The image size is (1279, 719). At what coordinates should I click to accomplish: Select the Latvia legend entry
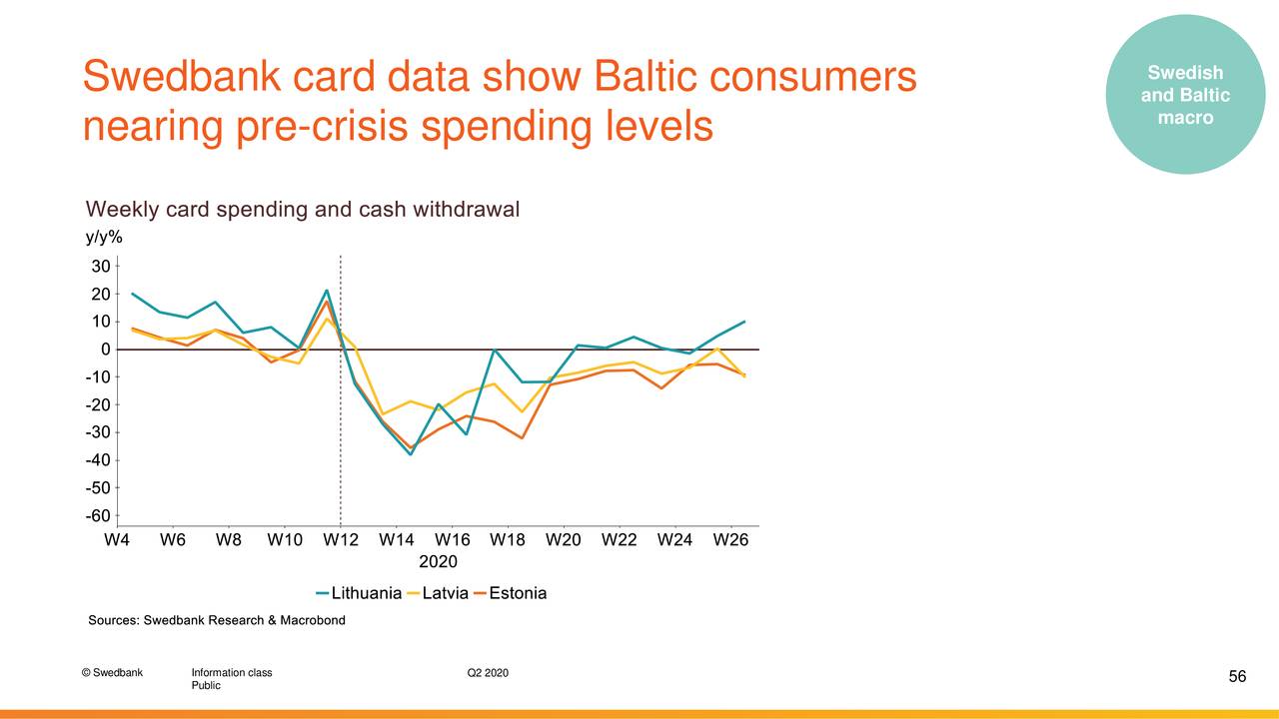445,593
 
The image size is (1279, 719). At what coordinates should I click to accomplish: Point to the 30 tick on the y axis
100,267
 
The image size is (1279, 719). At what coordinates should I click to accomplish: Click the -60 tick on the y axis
97,516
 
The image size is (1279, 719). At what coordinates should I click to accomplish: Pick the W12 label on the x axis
341,541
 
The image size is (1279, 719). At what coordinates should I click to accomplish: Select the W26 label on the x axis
730,541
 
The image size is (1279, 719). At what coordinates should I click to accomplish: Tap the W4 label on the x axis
118,541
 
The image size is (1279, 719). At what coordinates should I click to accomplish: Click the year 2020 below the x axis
438,561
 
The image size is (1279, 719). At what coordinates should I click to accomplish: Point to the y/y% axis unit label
104,237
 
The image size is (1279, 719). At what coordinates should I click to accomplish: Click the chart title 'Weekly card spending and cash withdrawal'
303,210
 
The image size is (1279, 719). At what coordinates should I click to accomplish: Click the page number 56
1237,677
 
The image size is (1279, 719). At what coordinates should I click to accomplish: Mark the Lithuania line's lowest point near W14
411,454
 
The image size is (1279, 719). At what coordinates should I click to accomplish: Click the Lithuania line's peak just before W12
327,291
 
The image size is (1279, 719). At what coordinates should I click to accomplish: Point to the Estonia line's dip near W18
522,438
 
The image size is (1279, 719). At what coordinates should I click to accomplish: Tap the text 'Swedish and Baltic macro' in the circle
1185,95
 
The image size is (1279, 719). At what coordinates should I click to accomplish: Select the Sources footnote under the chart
217,620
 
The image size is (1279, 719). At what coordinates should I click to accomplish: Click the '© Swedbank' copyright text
113,672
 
